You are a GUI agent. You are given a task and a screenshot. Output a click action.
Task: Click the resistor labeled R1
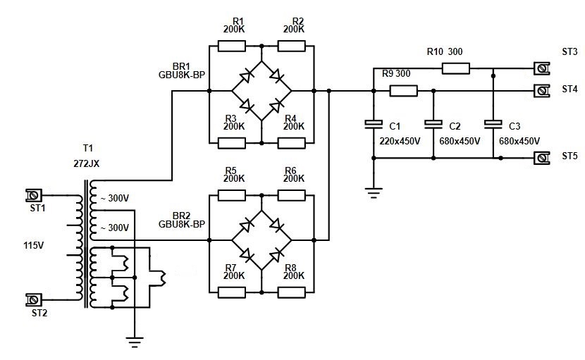(232, 46)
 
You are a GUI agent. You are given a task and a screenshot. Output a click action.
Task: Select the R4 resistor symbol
(292, 143)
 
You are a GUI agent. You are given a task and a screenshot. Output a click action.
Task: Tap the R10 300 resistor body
(455, 68)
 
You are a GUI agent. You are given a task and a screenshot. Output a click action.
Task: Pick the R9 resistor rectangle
(403, 90)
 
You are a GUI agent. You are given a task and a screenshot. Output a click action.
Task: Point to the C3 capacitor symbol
(493, 125)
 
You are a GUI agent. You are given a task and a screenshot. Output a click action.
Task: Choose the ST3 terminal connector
(541, 68)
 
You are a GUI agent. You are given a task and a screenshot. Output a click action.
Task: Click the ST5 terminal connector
(541, 158)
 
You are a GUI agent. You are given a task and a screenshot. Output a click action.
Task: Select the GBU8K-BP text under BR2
(182, 224)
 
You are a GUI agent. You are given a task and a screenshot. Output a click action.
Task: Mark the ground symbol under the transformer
(135, 343)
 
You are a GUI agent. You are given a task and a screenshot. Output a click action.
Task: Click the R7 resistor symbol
(232, 290)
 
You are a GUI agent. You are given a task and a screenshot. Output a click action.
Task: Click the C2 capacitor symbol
(433, 125)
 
